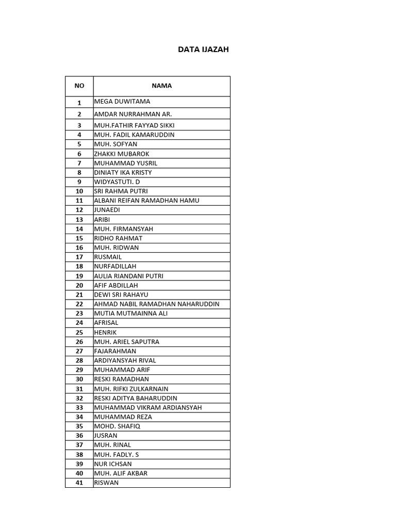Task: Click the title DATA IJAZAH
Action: (203, 49)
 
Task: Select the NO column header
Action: (79, 86)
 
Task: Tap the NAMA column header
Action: (161, 86)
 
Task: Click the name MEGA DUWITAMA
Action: (122, 102)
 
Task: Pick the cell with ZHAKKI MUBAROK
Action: (122, 154)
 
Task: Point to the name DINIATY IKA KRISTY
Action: (123, 172)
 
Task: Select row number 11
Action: (79, 201)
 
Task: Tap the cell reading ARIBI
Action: (102, 219)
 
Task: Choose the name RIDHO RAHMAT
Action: (118, 238)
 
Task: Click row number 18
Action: (79, 267)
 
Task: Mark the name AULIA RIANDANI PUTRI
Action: (128, 276)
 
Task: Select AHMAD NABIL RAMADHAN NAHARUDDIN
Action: (156, 304)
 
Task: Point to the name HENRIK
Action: (105, 332)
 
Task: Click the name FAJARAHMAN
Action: (115, 351)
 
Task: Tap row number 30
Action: (79, 379)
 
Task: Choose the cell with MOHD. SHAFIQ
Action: (117, 426)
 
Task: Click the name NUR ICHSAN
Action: (113, 464)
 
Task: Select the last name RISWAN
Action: (106, 483)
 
